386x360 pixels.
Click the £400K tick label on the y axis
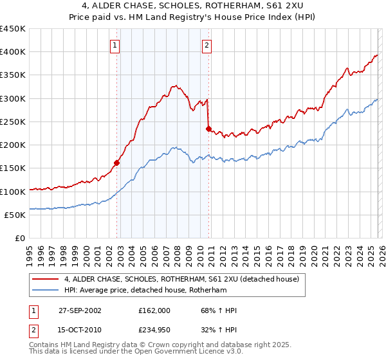coord(13,52)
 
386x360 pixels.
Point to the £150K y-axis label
coord(13,168)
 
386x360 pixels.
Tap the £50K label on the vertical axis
coord(15,215)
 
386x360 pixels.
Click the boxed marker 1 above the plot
coord(115,45)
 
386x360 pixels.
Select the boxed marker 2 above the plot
coord(207,45)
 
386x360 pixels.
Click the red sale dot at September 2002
coord(117,163)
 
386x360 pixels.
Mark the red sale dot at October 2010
coord(208,129)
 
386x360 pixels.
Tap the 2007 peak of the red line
coord(174,85)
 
